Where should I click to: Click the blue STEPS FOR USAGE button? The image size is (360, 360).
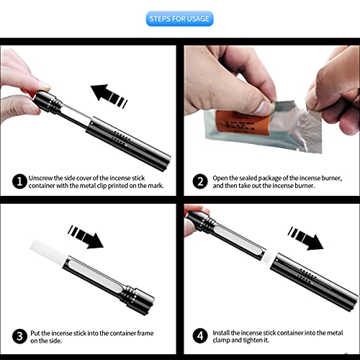coord(179,19)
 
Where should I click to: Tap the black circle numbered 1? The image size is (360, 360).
coord(19,181)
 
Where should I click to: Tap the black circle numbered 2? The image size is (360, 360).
coord(200,181)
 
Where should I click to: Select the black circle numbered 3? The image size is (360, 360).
coord(19,336)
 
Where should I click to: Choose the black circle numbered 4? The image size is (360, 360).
coord(200,336)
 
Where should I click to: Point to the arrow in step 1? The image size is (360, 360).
coord(109,96)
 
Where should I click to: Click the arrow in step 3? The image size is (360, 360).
coord(86,237)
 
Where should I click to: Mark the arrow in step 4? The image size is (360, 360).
coord(305,238)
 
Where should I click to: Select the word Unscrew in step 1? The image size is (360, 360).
coord(40,178)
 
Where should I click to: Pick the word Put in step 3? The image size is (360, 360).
coord(35,333)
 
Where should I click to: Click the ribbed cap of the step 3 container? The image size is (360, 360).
coord(138,299)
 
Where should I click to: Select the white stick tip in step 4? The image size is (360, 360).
coord(269,257)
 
